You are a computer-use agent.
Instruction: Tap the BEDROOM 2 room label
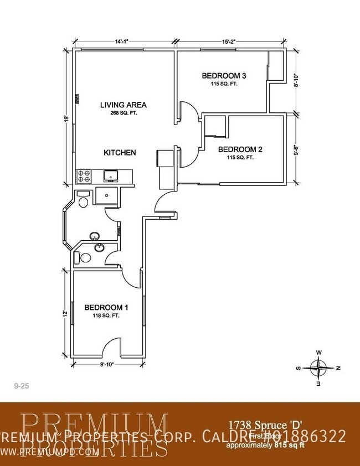point(240,149)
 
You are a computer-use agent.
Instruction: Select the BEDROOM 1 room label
point(106,308)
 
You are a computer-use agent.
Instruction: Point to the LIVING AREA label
point(123,104)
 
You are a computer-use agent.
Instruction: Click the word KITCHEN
point(120,152)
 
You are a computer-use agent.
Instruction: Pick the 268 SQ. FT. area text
point(123,113)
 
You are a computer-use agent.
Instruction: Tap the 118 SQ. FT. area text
point(106,316)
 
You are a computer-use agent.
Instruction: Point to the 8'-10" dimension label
point(297,82)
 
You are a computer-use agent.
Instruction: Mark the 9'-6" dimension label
point(297,149)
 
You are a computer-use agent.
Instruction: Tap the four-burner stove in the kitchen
point(84,177)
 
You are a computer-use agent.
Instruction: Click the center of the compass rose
point(318,367)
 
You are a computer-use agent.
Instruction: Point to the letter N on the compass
point(338,368)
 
